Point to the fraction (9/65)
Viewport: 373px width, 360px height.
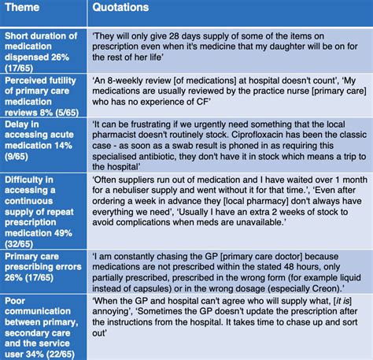pos(22,156)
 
